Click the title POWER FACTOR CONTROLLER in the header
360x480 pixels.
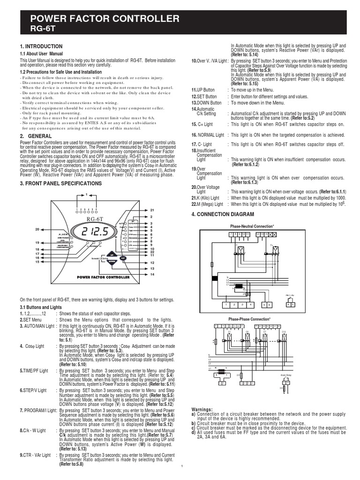click(x=105, y=19)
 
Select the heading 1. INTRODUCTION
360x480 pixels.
click(x=41, y=46)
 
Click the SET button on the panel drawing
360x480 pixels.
click(x=122, y=258)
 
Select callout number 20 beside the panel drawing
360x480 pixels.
click(x=37, y=229)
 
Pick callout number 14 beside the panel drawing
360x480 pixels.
click(x=152, y=274)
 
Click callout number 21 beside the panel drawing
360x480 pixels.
click(x=152, y=210)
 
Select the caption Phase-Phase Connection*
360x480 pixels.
click(x=249, y=319)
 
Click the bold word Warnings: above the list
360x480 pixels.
click(x=203, y=409)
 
